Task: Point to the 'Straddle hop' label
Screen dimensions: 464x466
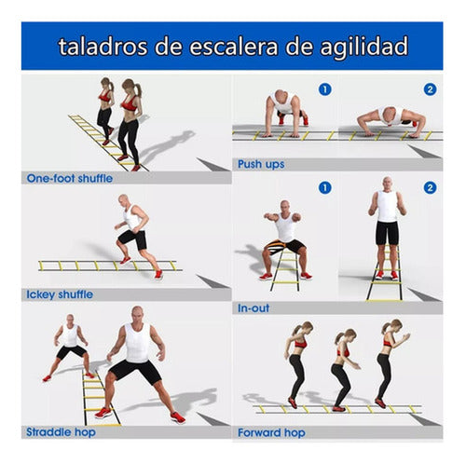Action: [x=57, y=431]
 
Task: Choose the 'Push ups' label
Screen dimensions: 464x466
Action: [x=262, y=164]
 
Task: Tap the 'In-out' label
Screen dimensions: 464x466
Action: [x=254, y=306]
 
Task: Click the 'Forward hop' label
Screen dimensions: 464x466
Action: [x=270, y=431]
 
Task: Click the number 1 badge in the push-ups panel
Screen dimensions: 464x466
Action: [x=324, y=89]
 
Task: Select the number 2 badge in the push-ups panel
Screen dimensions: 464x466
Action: [x=430, y=89]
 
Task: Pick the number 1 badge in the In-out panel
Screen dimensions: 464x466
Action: [x=324, y=187]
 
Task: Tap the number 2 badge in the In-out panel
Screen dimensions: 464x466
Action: [x=430, y=187]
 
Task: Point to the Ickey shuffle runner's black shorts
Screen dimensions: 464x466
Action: [x=133, y=239]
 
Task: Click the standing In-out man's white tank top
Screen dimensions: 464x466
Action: [x=387, y=207]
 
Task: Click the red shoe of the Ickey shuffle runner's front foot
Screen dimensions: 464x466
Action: [x=158, y=274]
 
